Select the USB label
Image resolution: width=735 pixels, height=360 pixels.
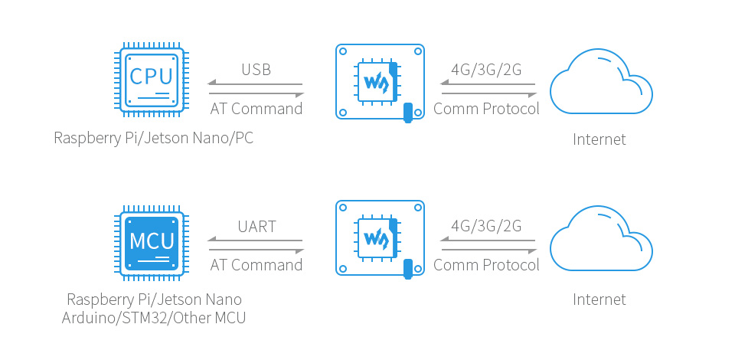[256, 70]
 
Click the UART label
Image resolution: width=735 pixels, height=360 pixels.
[256, 227]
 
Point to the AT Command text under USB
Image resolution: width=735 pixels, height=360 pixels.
[256, 109]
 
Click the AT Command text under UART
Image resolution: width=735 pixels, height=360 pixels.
[256, 265]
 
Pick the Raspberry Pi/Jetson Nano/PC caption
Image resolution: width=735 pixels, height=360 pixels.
[154, 139]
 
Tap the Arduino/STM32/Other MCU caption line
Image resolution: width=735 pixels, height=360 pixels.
[154, 318]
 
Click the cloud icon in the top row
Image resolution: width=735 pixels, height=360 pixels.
[601, 81]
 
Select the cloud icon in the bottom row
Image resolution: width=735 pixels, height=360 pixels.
[601, 237]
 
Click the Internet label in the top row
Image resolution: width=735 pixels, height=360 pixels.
[599, 139]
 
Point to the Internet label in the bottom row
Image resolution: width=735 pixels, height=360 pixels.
[599, 299]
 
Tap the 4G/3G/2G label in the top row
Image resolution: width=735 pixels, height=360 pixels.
[486, 70]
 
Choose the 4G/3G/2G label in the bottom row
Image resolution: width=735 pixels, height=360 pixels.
[486, 226]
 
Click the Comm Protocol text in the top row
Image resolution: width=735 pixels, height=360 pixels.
[487, 109]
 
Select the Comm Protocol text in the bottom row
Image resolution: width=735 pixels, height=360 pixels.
[487, 265]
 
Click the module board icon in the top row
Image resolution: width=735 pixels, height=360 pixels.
[381, 83]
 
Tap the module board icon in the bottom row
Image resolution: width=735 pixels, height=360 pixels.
[381, 238]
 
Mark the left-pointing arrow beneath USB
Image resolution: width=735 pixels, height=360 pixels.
[256, 83]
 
